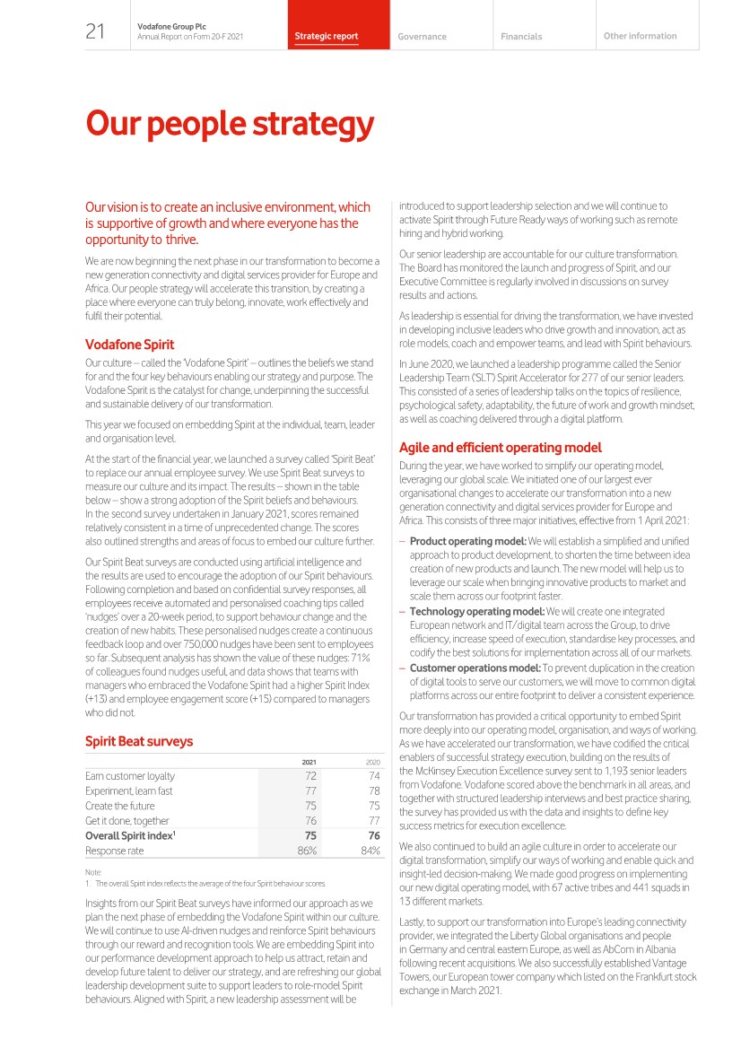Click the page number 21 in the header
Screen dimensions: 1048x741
click(x=95, y=32)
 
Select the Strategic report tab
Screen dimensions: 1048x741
click(x=326, y=37)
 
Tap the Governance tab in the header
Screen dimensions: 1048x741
click(x=422, y=37)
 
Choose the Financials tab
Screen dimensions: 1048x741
click(x=521, y=37)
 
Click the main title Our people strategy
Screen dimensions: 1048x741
click(x=229, y=124)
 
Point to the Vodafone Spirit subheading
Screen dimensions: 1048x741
click(x=129, y=344)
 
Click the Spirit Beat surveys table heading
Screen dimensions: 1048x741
click(x=139, y=741)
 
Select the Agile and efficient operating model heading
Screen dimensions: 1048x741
click(x=500, y=447)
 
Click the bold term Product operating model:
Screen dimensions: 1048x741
click(x=468, y=541)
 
